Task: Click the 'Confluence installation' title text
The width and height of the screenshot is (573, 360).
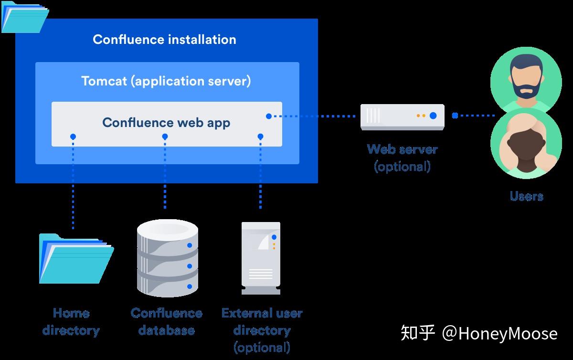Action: tap(164, 40)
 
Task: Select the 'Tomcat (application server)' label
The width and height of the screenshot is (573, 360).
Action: tap(166, 81)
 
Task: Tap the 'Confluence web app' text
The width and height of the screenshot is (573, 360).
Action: tap(166, 123)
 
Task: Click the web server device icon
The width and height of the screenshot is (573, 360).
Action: tap(403, 117)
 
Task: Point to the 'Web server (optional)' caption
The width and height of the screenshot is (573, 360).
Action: tap(403, 158)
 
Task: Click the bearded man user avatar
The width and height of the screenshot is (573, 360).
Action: tap(526, 80)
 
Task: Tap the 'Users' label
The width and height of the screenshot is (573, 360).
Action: tap(526, 196)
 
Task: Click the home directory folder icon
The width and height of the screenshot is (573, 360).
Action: tap(76, 258)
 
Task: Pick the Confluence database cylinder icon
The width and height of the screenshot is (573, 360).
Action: tap(168, 258)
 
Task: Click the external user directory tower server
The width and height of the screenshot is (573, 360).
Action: tap(261, 258)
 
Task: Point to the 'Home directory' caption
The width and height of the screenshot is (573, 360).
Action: tap(71, 322)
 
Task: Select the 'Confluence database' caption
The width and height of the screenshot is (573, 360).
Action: tap(167, 322)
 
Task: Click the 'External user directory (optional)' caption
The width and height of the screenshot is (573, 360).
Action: tap(262, 330)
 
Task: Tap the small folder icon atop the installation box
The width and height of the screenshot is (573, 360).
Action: tap(25, 17)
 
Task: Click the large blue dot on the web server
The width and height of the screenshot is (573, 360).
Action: tap(433, 116)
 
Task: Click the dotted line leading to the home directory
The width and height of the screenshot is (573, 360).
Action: tap(73, 182)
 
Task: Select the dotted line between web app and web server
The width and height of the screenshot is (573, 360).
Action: tap(312, 116)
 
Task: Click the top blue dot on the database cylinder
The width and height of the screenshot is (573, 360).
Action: tap(190, 245)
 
